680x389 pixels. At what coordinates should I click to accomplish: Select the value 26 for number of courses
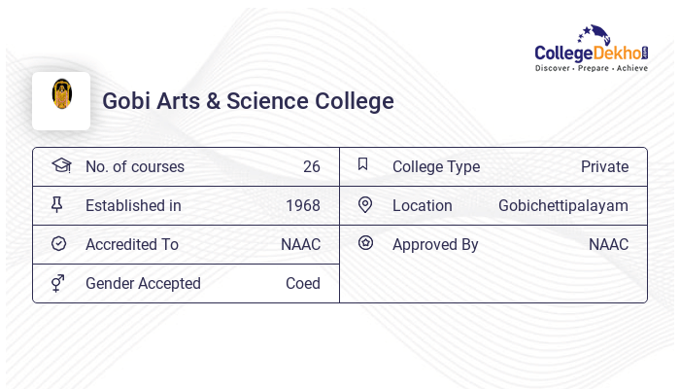click(311, 166)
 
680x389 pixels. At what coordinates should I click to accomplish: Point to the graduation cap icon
click(60, 165)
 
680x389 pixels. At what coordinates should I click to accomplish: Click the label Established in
click(133, 205)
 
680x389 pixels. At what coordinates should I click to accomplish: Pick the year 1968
click(302, 205)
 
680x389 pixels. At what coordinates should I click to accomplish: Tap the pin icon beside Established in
click(57, 204)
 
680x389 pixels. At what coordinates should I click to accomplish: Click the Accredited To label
click(132, 244)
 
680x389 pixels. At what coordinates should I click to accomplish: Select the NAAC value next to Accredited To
click(300, 244)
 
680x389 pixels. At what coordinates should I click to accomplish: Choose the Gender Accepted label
click(143, 283)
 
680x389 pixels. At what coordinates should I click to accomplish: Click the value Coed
click(302, 283)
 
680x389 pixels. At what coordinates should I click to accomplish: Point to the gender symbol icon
click(58, 282)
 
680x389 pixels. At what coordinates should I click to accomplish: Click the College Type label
click(436, 166)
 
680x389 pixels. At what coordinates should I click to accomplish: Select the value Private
click(604, 166)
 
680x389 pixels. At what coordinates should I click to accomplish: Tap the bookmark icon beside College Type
click(363, 164)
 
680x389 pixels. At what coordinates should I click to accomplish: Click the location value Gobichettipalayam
click(563, 205)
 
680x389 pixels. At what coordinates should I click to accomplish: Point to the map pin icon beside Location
click(365, 204)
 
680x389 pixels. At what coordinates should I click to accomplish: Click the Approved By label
click(435, 244)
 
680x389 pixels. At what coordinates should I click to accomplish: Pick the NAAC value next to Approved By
click(608, 244)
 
